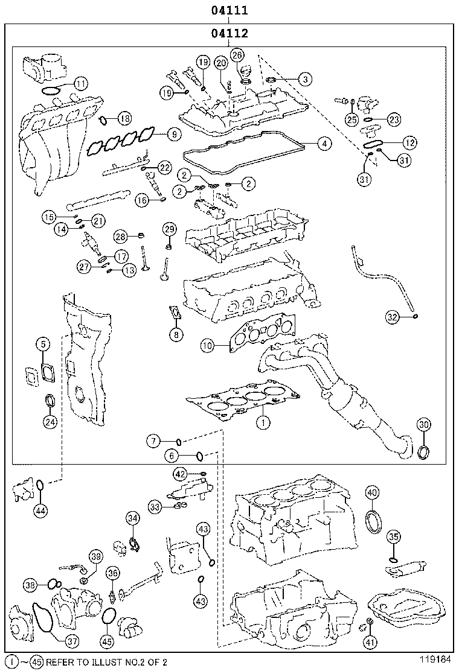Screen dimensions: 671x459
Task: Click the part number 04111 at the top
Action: (230, 10)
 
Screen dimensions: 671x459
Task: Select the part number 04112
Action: (230, 33)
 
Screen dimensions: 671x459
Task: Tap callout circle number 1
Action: (263, 422)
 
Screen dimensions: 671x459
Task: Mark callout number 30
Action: (424, 425)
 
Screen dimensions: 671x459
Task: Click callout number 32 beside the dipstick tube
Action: (393, 316)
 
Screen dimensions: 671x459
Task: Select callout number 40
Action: (372, 493)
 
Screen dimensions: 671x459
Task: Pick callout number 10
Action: (207, 346)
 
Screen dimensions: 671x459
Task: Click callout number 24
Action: (51, 422)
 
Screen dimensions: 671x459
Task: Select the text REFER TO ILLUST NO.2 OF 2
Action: (106, 662)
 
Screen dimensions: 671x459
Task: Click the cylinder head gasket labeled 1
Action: (242, 401)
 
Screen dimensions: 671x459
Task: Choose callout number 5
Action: (43, 344)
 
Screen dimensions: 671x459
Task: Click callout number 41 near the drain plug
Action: (370, 642)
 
